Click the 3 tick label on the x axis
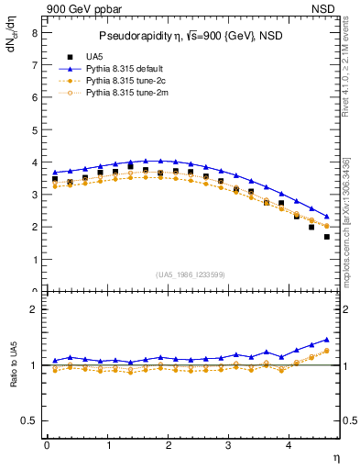click(x=229, y=445)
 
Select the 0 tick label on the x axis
click(x=47, y=445)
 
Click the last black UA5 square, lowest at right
click(x=327, y=237)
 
